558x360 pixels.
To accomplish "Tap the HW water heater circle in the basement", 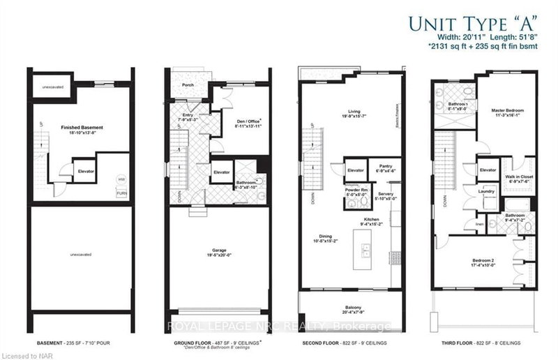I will pyautogui.click(x=121, y=179).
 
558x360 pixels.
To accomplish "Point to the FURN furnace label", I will pyautogui.click(x=121, y=193).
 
